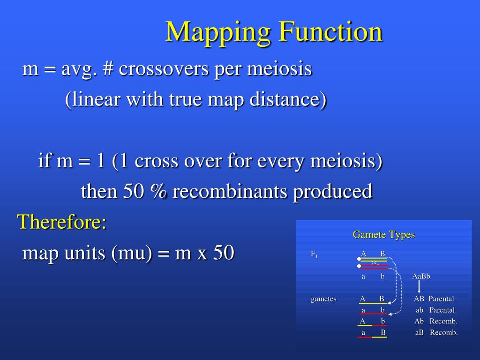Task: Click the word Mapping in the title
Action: (217, 33)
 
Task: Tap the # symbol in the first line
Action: (108, 69)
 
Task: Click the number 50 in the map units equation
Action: (224, 253)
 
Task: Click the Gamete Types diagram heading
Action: (383, 235)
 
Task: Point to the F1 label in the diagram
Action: (314, 255)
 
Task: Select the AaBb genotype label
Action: (421, 277)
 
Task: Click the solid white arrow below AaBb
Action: (419, 286)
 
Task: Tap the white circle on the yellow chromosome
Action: (359, 259)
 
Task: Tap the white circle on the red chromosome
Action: (359, 266)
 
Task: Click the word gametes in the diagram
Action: (323, 299)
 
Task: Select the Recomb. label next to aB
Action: (443, 332)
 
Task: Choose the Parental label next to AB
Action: (441, 299)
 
